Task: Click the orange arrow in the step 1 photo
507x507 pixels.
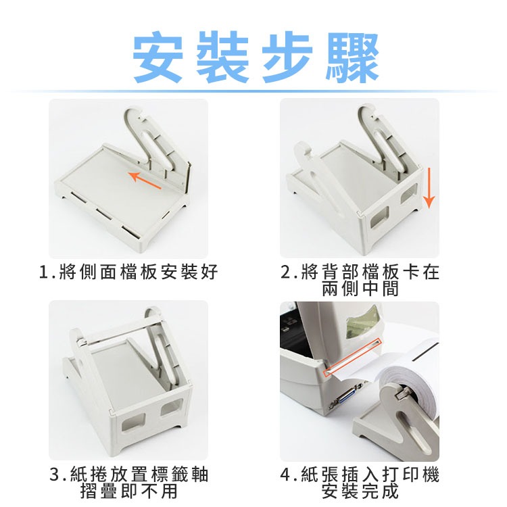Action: tap(145, 180)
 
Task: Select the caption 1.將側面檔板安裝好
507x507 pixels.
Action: tap(128, 273)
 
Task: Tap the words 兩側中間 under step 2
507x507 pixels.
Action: tap(360, 289)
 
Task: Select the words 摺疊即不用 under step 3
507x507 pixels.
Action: tap(128, 491)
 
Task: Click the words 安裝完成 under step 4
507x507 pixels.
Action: tap(360, 491)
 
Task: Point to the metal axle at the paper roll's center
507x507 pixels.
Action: tap(398, 391)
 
